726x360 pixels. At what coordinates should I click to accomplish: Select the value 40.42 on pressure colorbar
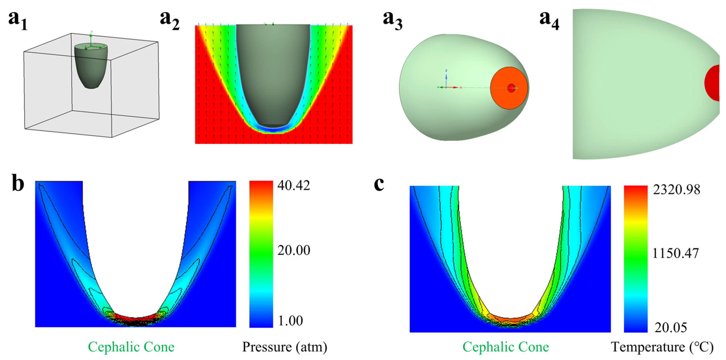point(293,186)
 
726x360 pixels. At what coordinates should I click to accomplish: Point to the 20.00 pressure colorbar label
point(293,250)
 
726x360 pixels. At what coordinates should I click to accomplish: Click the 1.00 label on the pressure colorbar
point(290,320)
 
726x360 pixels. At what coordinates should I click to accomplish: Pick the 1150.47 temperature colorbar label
point(675,253)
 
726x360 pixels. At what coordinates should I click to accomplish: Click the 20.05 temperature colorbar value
point(670,328)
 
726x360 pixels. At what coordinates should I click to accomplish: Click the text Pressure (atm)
point(285,347)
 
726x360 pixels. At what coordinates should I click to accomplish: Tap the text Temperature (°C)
point(662,347)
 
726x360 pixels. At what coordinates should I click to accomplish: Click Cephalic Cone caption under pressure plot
point(131,347)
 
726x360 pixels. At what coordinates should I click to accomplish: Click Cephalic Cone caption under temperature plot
point(506,347)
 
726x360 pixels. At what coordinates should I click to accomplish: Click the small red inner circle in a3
point(511,88)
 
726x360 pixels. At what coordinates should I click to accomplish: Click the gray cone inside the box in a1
point(91,68)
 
